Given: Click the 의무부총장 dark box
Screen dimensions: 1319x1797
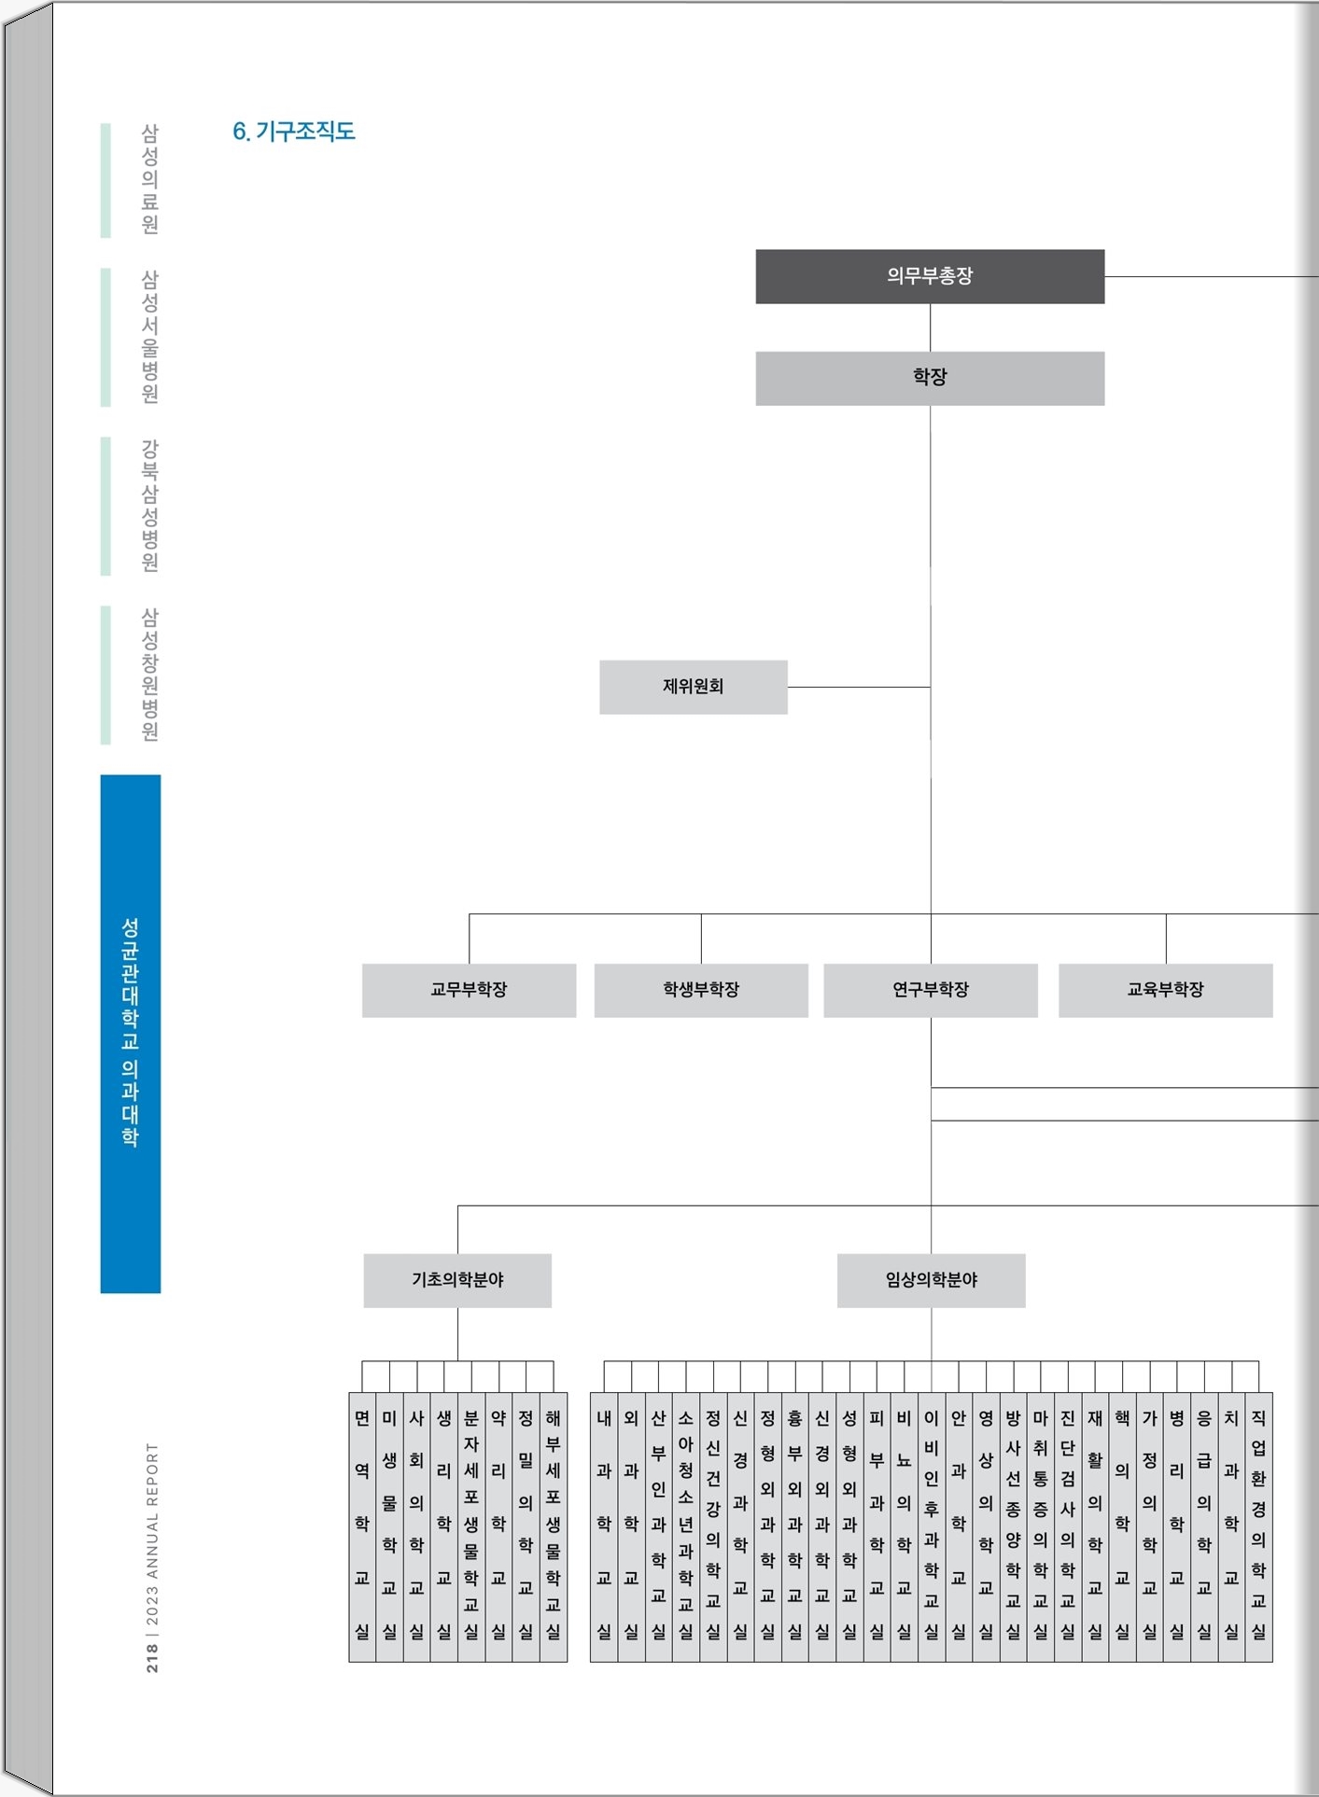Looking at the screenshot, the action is pos(930,276).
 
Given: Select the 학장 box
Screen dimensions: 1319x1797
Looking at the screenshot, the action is pos(930,378).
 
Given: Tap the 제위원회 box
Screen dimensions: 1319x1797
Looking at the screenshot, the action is pos(694,687).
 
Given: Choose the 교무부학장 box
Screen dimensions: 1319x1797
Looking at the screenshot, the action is pos(469,990).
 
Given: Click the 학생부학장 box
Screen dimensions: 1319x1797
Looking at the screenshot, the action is pos(701,990).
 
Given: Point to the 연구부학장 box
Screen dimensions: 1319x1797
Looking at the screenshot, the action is pos(931,990).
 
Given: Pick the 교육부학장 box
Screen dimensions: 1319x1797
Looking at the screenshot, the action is pos(1166,990).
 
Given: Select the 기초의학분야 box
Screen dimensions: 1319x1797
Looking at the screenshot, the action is pos(457,1280).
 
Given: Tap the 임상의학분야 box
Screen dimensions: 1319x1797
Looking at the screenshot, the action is pos(932,1280).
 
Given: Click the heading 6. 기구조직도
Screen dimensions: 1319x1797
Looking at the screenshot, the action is pos(294,132).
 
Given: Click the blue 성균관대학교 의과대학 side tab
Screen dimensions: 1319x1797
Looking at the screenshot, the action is pos(131,1034).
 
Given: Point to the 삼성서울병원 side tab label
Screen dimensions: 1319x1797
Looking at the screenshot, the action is pos(149,337).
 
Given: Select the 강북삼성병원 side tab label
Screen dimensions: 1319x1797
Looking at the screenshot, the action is pos(149,506).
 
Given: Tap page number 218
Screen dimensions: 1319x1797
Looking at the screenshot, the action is pos(152,1658).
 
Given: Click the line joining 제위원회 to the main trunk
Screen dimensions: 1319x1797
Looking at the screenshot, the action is pos(859,687).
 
